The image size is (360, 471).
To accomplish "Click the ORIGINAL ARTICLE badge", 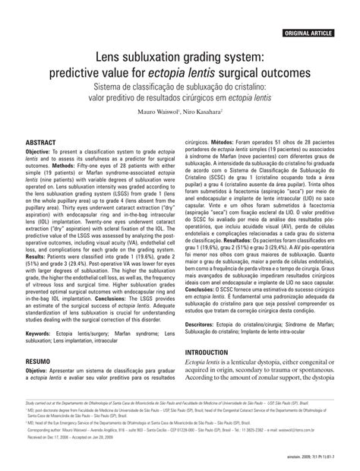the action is pos(318,13).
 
